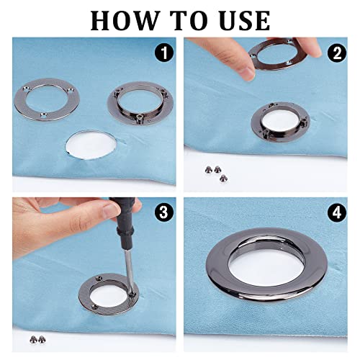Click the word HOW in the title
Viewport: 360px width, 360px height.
[125, 20]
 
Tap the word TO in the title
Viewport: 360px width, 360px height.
[190, 20]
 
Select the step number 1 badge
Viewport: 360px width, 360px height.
[164, 53]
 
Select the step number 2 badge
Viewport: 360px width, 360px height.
[337, 53]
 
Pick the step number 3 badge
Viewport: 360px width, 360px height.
[164, 212]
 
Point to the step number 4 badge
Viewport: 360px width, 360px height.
[337, 212]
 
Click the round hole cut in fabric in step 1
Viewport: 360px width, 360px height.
[91, 145]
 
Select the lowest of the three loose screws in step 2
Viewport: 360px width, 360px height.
[223, 178]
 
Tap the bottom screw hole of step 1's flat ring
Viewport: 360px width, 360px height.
[44, 115]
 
